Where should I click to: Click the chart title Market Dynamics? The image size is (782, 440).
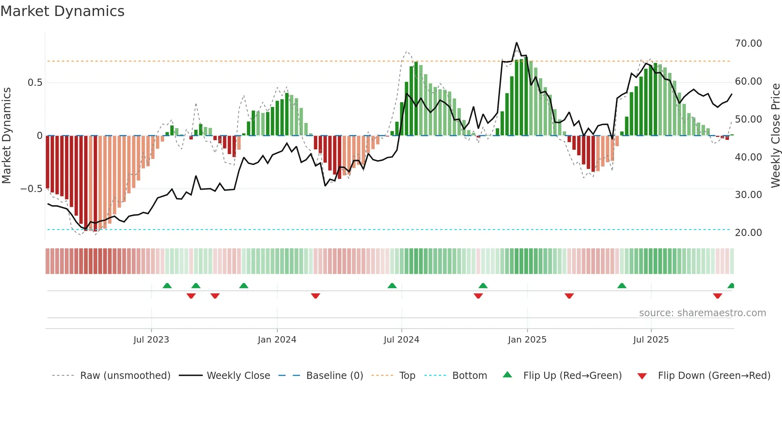pos(62,11)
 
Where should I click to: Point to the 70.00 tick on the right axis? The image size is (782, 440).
pos(748,44)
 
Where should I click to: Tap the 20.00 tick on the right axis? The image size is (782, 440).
pos(748,233)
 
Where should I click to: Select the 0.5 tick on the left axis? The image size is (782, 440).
pos(35,83)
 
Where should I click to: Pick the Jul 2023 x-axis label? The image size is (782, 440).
pos(151,340)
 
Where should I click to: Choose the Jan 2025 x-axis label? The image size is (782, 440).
pos(527,340)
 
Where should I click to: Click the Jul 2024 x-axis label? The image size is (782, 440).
pos(401,340)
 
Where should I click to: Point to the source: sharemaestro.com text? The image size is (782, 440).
pos(702,313)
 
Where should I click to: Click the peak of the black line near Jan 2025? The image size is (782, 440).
pos(517,43)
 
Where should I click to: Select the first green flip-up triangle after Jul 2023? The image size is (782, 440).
pos(167,286)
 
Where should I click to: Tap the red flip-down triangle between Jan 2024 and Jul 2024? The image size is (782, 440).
pos(316,296)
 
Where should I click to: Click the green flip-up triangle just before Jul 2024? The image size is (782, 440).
pos(392,286)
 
